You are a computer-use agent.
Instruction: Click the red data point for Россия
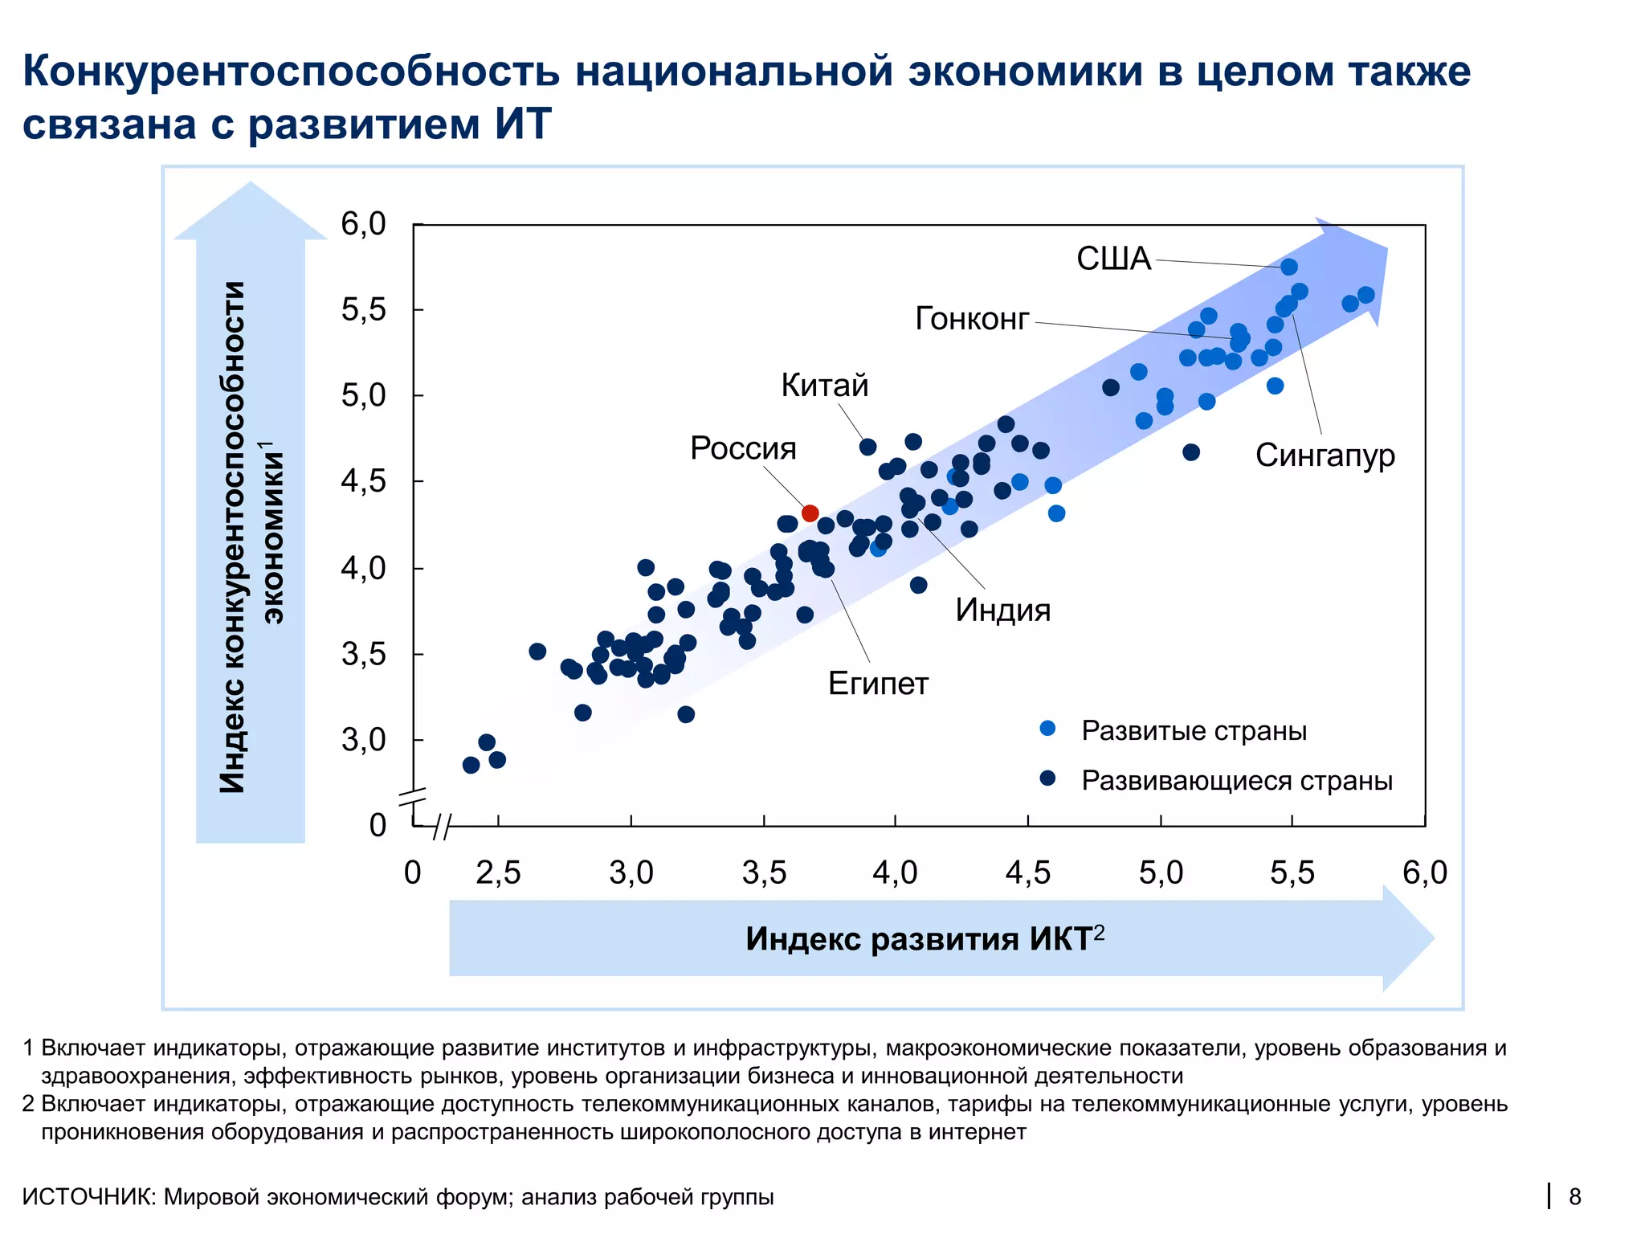810,513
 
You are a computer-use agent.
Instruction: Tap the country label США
1113,259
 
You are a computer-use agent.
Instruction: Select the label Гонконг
972,319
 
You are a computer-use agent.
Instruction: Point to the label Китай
825,386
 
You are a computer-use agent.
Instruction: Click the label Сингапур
1325,456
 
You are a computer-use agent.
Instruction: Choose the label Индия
1002,611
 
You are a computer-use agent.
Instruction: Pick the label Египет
878,684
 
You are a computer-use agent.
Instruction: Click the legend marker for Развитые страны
1047,729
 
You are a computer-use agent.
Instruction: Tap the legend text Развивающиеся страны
1236,780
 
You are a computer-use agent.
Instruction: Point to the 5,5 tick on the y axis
363,309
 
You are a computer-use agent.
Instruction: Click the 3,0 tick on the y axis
363,740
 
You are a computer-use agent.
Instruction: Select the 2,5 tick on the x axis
498,872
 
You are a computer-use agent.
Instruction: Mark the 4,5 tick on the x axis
1027,872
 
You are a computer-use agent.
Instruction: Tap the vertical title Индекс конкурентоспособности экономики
249,537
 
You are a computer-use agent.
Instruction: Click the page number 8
1575,1197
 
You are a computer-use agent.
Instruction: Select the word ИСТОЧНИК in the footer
88,1197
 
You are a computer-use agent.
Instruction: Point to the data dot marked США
1288,267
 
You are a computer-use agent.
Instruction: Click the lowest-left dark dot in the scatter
471,765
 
